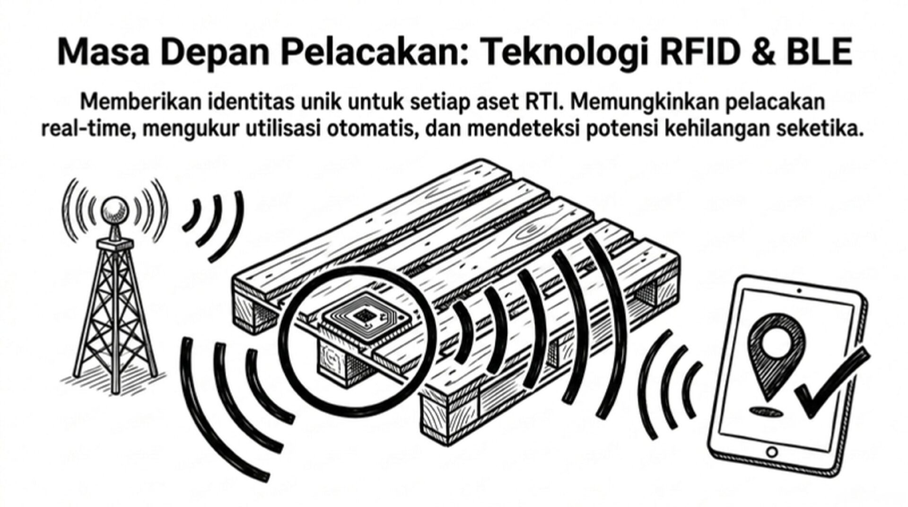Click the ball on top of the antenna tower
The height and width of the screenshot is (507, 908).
pyautogui.click(x=115, y=209)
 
